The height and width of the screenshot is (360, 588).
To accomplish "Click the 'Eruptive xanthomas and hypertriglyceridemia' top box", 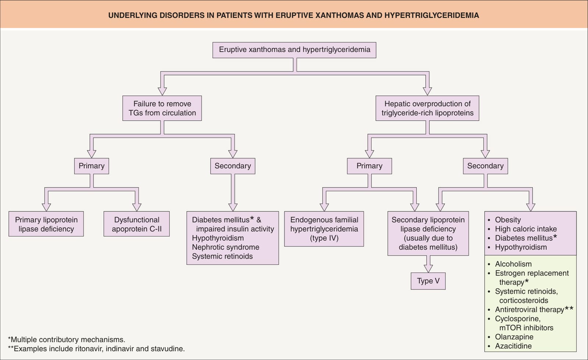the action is coord(294,50).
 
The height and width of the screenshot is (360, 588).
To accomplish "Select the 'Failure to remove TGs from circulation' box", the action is coord(162,108).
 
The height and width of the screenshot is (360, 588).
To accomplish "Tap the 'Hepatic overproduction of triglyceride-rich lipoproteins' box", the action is coord(427,108).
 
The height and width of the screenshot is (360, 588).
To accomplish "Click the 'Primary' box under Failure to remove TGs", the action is coord(92,166).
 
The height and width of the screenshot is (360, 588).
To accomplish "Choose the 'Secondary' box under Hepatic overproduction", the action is coord(485,166).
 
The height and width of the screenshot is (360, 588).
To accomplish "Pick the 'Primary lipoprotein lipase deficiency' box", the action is coord(46,224).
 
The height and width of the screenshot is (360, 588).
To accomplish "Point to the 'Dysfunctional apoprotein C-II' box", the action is coord(136,224).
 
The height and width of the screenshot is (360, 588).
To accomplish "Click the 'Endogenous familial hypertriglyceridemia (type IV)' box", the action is coord(324,229).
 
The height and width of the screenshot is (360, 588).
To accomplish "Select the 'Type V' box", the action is coord(428,281).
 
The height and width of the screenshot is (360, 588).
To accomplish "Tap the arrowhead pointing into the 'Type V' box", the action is coord(428,269).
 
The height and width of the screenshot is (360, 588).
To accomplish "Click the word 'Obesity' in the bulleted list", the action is coord(508,220).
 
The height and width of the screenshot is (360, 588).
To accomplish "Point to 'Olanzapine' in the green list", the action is coord(514,337).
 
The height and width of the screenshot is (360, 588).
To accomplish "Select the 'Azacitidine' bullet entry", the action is coord(513,346).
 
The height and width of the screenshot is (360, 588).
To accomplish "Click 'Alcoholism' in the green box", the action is coord(513,264).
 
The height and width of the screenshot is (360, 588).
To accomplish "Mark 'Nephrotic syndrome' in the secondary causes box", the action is coord(226,247).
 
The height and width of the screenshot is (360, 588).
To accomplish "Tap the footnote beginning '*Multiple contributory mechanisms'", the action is coord(67,339).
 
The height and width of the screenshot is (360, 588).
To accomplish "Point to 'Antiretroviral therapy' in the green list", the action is coord(530,310).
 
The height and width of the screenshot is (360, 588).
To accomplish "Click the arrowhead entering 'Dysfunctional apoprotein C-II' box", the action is coord(136,207).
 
